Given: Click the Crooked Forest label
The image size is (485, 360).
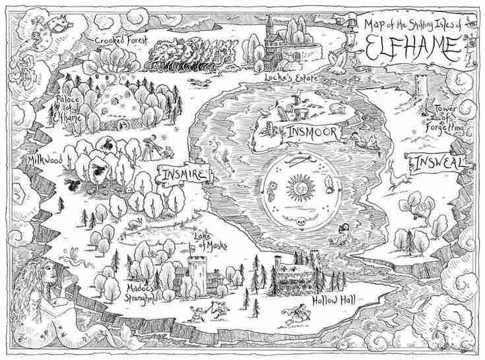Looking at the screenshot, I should pyautogui.click(x=120, y=40).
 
